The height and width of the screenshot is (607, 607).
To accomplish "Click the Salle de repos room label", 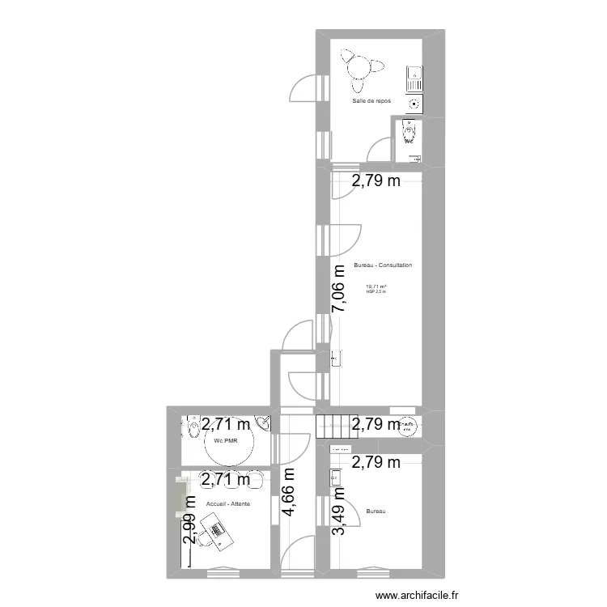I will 371,101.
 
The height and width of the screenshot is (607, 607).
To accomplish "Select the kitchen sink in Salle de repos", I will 413,78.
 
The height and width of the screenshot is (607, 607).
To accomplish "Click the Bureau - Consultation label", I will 383,265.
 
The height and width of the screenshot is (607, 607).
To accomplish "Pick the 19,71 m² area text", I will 376,286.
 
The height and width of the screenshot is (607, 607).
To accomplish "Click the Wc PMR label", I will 226,441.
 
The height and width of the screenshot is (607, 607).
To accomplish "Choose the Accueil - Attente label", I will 228,504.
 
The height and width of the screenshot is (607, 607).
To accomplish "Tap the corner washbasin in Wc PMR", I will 262,422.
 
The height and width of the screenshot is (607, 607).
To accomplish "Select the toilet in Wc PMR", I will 193,426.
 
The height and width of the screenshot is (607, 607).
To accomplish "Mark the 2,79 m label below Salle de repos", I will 376,181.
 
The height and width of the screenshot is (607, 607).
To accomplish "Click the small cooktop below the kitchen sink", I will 414,103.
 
